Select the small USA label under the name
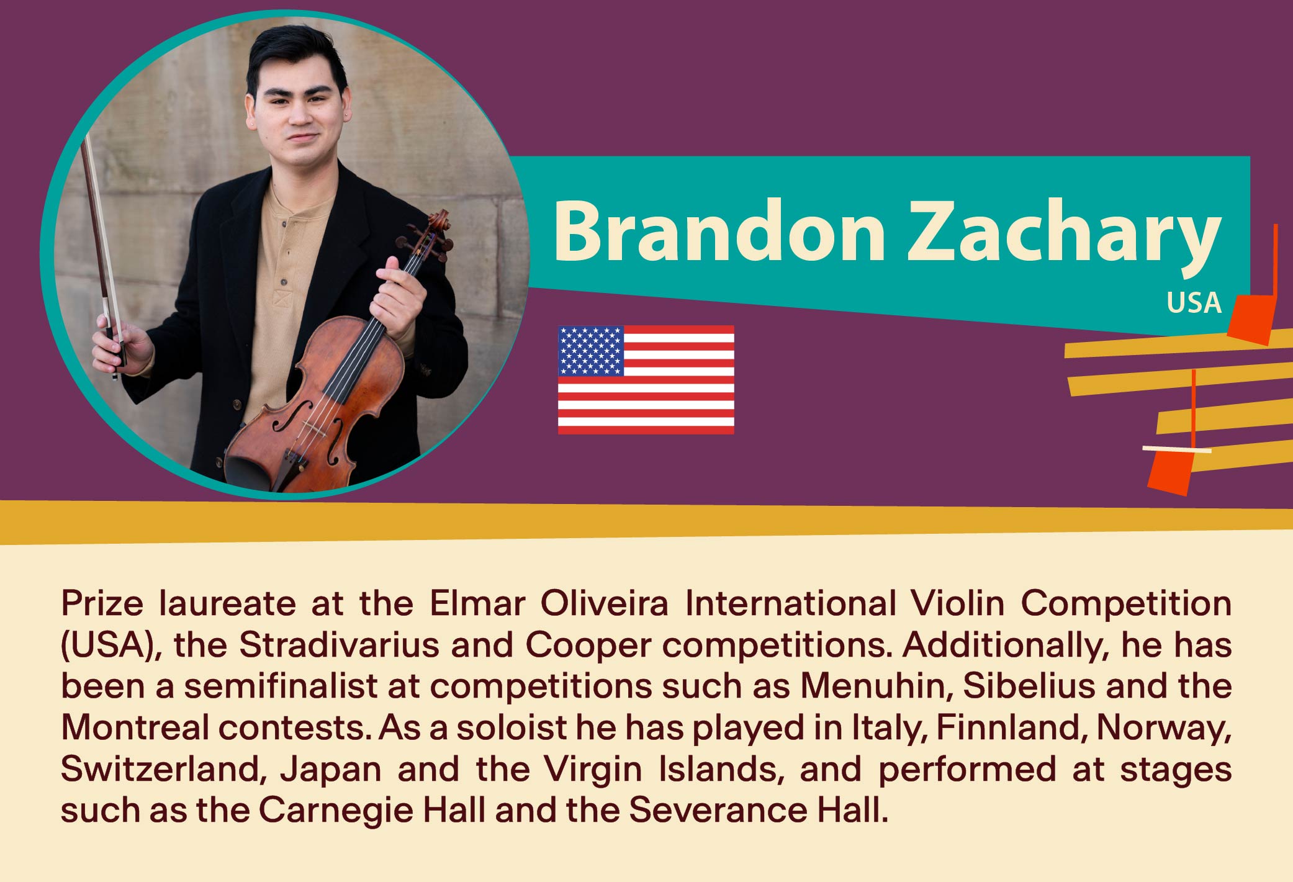1194,303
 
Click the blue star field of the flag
591,351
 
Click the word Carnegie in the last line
335,811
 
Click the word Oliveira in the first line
604,603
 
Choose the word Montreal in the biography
135,727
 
